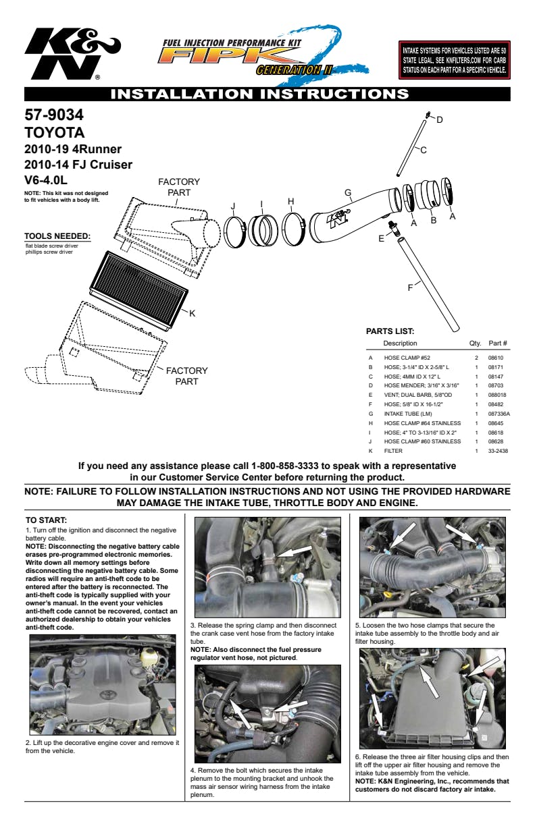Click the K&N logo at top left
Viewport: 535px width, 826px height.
[x=70, y=54]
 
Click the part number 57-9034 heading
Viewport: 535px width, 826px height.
[x=54, y=115]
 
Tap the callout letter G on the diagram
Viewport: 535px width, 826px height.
[x=348, y=193]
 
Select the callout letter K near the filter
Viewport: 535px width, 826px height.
[x=192, y=313]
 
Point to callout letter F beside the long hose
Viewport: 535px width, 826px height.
[x=410, y=287]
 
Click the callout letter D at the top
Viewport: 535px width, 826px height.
[x=439, y=120]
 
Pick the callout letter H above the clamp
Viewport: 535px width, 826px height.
[x=290, y=201]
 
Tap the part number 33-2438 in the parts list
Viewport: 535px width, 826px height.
[x=497, y=451]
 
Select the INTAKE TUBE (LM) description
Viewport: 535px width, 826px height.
[x=407, y=413]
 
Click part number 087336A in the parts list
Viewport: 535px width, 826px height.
[x=499, y=413]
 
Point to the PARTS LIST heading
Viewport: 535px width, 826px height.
[x=390, y=331]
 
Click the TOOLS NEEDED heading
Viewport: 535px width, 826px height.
[x=57, y=236]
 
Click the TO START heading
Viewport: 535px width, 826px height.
[x=46, y=520]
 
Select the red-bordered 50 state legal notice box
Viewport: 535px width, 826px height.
[x=455, y=60]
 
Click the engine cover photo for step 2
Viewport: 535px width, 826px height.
[x=103, y=684]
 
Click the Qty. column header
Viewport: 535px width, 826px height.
[x=475, y=343]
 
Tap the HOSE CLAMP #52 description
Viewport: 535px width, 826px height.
[x=407, y=358]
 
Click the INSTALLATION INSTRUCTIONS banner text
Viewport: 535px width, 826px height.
[x=259, y=94]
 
